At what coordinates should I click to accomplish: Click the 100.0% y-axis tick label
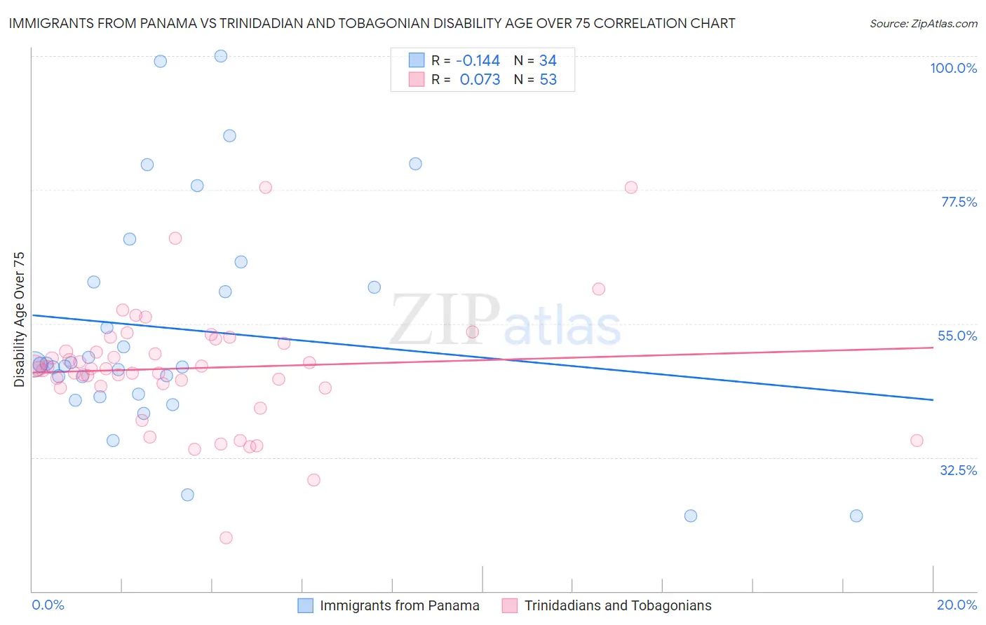click(953, 68)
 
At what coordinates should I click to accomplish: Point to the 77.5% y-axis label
click(958, 202)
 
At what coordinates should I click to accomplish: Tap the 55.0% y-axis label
click(957, 336)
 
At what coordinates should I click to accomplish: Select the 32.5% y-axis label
click(958, 470)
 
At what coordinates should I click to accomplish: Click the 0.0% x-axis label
click(48, 605)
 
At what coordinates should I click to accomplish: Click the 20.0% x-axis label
click(957, 605)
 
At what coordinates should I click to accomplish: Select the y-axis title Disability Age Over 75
click(19, 319)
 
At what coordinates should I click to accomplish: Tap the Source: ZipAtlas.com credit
click(923, 23)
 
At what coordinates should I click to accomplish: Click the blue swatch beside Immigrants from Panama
click(305, 605)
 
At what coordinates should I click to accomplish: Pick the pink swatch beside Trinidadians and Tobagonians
click(510, 605)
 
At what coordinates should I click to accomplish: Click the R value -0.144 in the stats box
click(478, 60)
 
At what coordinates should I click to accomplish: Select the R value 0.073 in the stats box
click(480, 80)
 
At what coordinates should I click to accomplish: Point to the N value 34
click(548, 60)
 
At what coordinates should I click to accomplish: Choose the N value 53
click(548, 80)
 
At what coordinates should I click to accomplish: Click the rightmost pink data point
click(917, 441)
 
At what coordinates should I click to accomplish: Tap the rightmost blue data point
click(856, 516)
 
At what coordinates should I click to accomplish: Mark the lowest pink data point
click(226, 538)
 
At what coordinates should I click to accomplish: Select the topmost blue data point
click(221, 56)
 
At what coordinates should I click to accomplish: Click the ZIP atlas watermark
click(506, 321)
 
